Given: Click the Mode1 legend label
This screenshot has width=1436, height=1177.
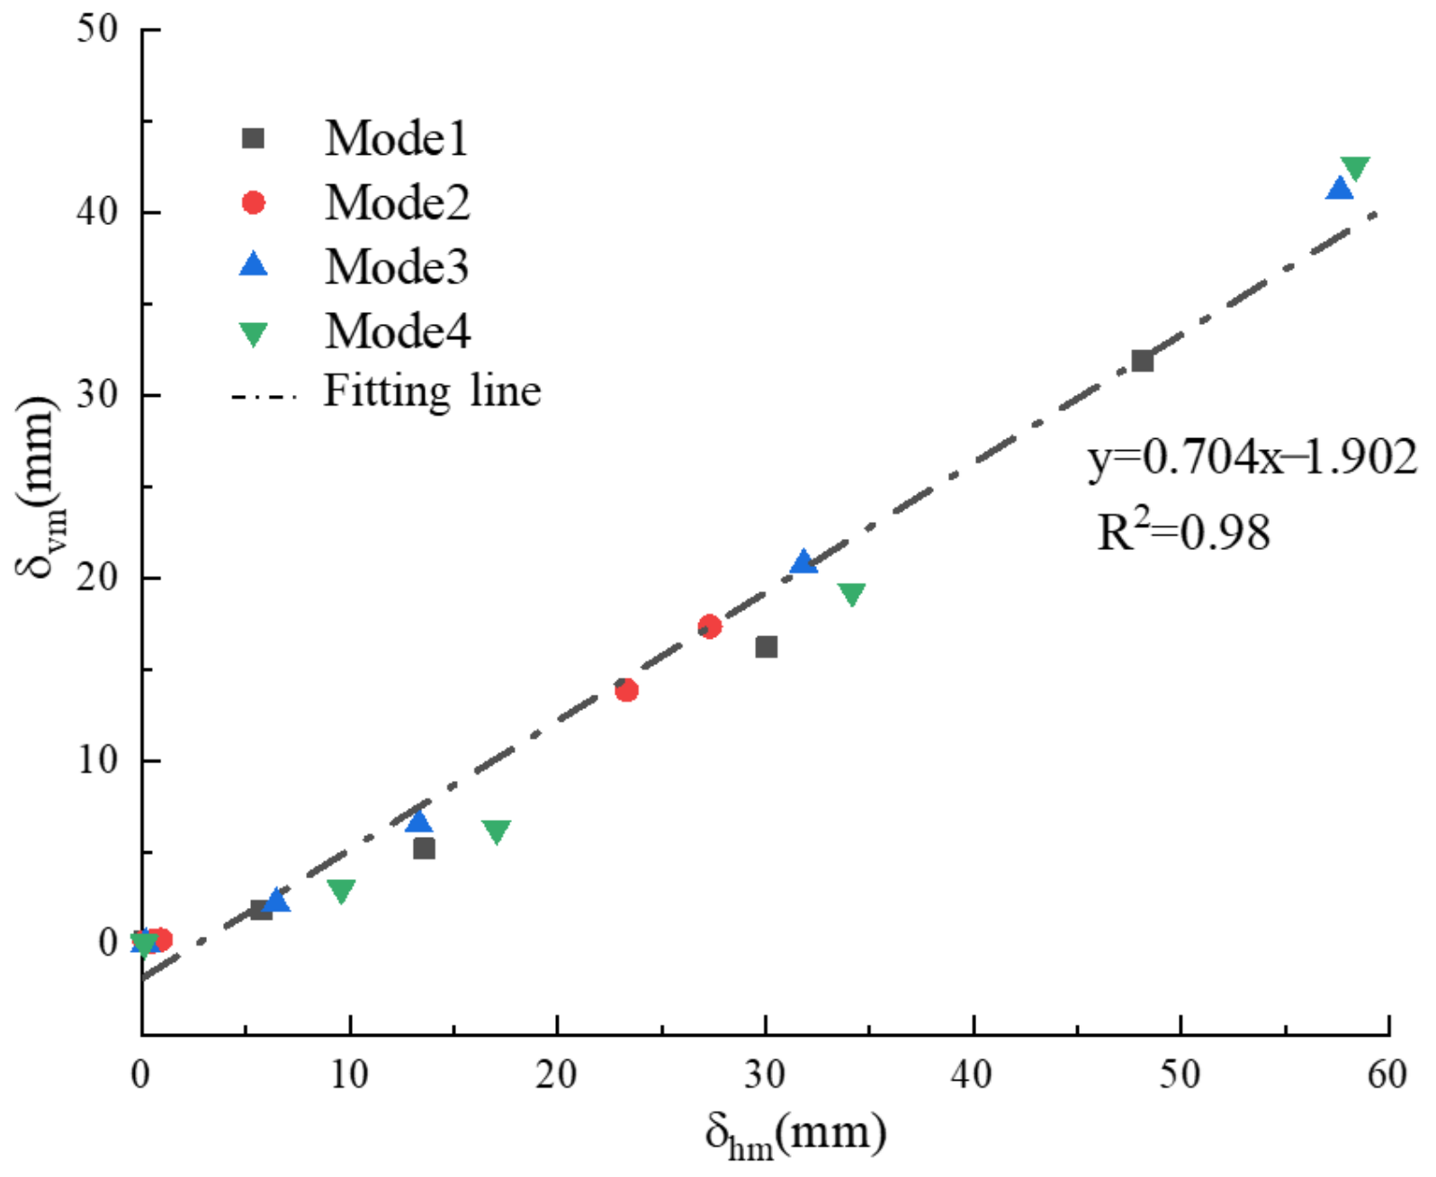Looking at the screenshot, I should (396, 139).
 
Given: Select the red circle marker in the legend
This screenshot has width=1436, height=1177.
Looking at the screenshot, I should (254, 202).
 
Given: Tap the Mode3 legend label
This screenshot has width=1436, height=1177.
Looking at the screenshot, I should (396, 266).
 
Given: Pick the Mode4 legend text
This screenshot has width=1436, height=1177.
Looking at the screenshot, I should (397, 330).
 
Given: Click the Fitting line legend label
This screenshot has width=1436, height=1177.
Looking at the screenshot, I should (432, 391).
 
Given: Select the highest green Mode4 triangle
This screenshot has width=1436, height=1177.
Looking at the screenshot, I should (1354, 167).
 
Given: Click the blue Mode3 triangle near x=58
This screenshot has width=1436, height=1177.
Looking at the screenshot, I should (1340, 189).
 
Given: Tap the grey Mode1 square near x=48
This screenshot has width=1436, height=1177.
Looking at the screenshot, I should (1143, 361).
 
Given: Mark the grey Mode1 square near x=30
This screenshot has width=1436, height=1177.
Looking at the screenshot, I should (767, 647).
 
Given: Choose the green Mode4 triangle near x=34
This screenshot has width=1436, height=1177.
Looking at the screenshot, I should (851, 594).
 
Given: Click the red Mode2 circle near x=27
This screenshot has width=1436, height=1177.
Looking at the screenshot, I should (709, 626).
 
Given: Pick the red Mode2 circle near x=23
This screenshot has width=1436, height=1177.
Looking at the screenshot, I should (626, 690).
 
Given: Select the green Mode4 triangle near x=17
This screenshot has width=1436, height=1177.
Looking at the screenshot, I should (496, 831).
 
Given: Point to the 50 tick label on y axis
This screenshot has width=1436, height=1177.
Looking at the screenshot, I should (97, 29).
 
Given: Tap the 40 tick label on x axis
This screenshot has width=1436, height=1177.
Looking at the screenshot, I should (973, 1074).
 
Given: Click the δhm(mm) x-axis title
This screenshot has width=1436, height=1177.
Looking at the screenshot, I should (795, 1133).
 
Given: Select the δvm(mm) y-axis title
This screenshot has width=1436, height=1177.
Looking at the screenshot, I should (38, 486).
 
